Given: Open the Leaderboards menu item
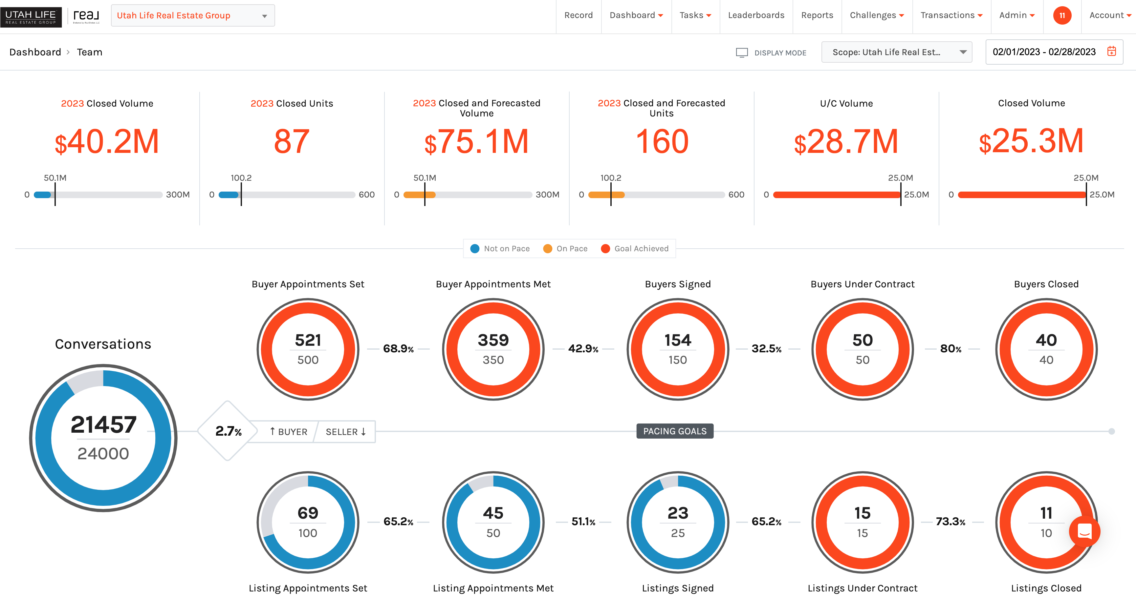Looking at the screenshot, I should click(x=756, y=15).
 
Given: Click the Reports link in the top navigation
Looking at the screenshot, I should click(x=817, y=15).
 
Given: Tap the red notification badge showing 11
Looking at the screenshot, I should click(x=1062, y=15).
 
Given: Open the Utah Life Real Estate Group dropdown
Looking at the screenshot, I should click(x=193, y=16).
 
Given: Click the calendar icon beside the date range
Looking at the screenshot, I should click(x=1111, y=52).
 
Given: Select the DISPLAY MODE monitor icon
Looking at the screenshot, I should click(x=742, y=53).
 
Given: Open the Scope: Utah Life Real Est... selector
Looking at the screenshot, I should click(x=896, y=52).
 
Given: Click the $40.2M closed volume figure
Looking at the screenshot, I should click(x=107, y=142).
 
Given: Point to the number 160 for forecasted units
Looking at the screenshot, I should click(x=662, y=142).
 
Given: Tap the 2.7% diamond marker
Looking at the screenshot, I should click(x=228, y=431).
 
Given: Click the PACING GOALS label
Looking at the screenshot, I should click(x=674, y=431).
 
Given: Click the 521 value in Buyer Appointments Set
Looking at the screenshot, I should click(x=308, y=340).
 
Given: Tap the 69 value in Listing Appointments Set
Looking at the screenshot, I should click(x=308, y=513).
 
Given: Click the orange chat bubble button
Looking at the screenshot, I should click(x=1084, y=531).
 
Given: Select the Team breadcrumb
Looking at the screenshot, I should click(x=90, y=52).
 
